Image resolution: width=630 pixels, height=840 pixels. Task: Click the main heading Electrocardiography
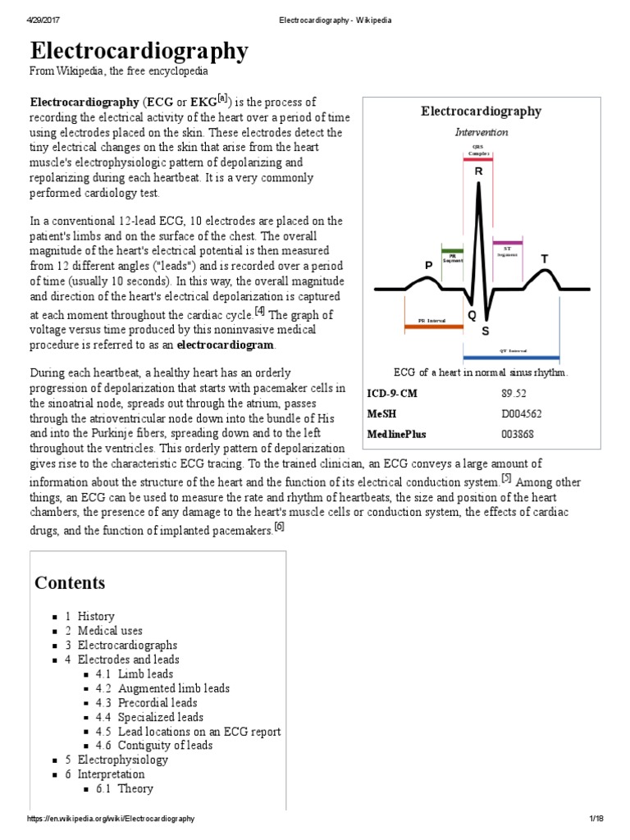(x=139, y=52)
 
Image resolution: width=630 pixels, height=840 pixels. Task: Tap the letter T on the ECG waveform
(x=543, y=259)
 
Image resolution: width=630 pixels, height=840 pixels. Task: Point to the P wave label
(x=427, y=267)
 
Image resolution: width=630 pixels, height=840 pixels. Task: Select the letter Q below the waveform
(x=472, y=315)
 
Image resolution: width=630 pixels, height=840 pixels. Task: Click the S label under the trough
(x=485, y=331)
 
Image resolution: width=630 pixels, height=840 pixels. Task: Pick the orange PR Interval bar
(x=433, y=326)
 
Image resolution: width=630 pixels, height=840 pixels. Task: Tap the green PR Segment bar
(x=452, y=249)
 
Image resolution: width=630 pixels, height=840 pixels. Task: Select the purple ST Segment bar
(x=507, y=243)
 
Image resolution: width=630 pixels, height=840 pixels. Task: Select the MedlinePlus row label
(x=396, y=433)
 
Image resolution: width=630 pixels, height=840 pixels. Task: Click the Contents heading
(x=70, y=583)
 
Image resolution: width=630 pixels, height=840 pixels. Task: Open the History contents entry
(x=96, y=616)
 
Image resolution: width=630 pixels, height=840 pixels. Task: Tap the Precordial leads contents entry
(x=157, y=702)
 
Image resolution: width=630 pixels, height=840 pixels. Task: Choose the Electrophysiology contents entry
(x=122, y=760)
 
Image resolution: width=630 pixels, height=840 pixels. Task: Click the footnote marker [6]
(x=279, y=528)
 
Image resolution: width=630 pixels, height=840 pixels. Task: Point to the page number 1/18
(x=596, y=819)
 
